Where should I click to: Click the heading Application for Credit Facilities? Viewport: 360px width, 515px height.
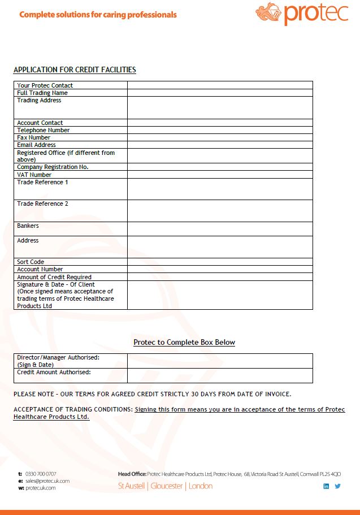[75, 70]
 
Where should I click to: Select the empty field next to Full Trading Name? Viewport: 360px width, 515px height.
[219, 93]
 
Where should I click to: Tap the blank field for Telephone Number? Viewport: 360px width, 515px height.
[219, 130]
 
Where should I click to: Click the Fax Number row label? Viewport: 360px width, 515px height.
[34, 137]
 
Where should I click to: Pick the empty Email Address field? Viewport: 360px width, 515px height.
[219, 145]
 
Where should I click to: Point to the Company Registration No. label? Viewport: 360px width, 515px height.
[53, 167]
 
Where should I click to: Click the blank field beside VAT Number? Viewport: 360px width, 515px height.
[219, 175]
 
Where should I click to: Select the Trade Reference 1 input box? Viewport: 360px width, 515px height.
[219, 189]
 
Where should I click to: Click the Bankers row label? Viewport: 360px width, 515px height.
[28, 226]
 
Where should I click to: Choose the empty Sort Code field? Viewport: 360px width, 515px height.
[219, 262]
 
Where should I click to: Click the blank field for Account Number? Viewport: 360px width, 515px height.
[219, 269]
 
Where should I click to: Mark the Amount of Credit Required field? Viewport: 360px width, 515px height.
[219, 277]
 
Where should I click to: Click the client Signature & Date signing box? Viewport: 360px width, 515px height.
[219, 295]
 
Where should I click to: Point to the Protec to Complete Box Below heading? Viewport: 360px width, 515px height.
[184, 343]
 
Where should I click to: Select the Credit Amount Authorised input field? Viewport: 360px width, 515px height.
[219, 375]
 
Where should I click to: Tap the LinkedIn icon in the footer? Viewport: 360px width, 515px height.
[326, 486]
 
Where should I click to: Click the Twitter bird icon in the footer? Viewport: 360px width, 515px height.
[338, 486]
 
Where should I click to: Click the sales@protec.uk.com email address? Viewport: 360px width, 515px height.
[47, 481]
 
